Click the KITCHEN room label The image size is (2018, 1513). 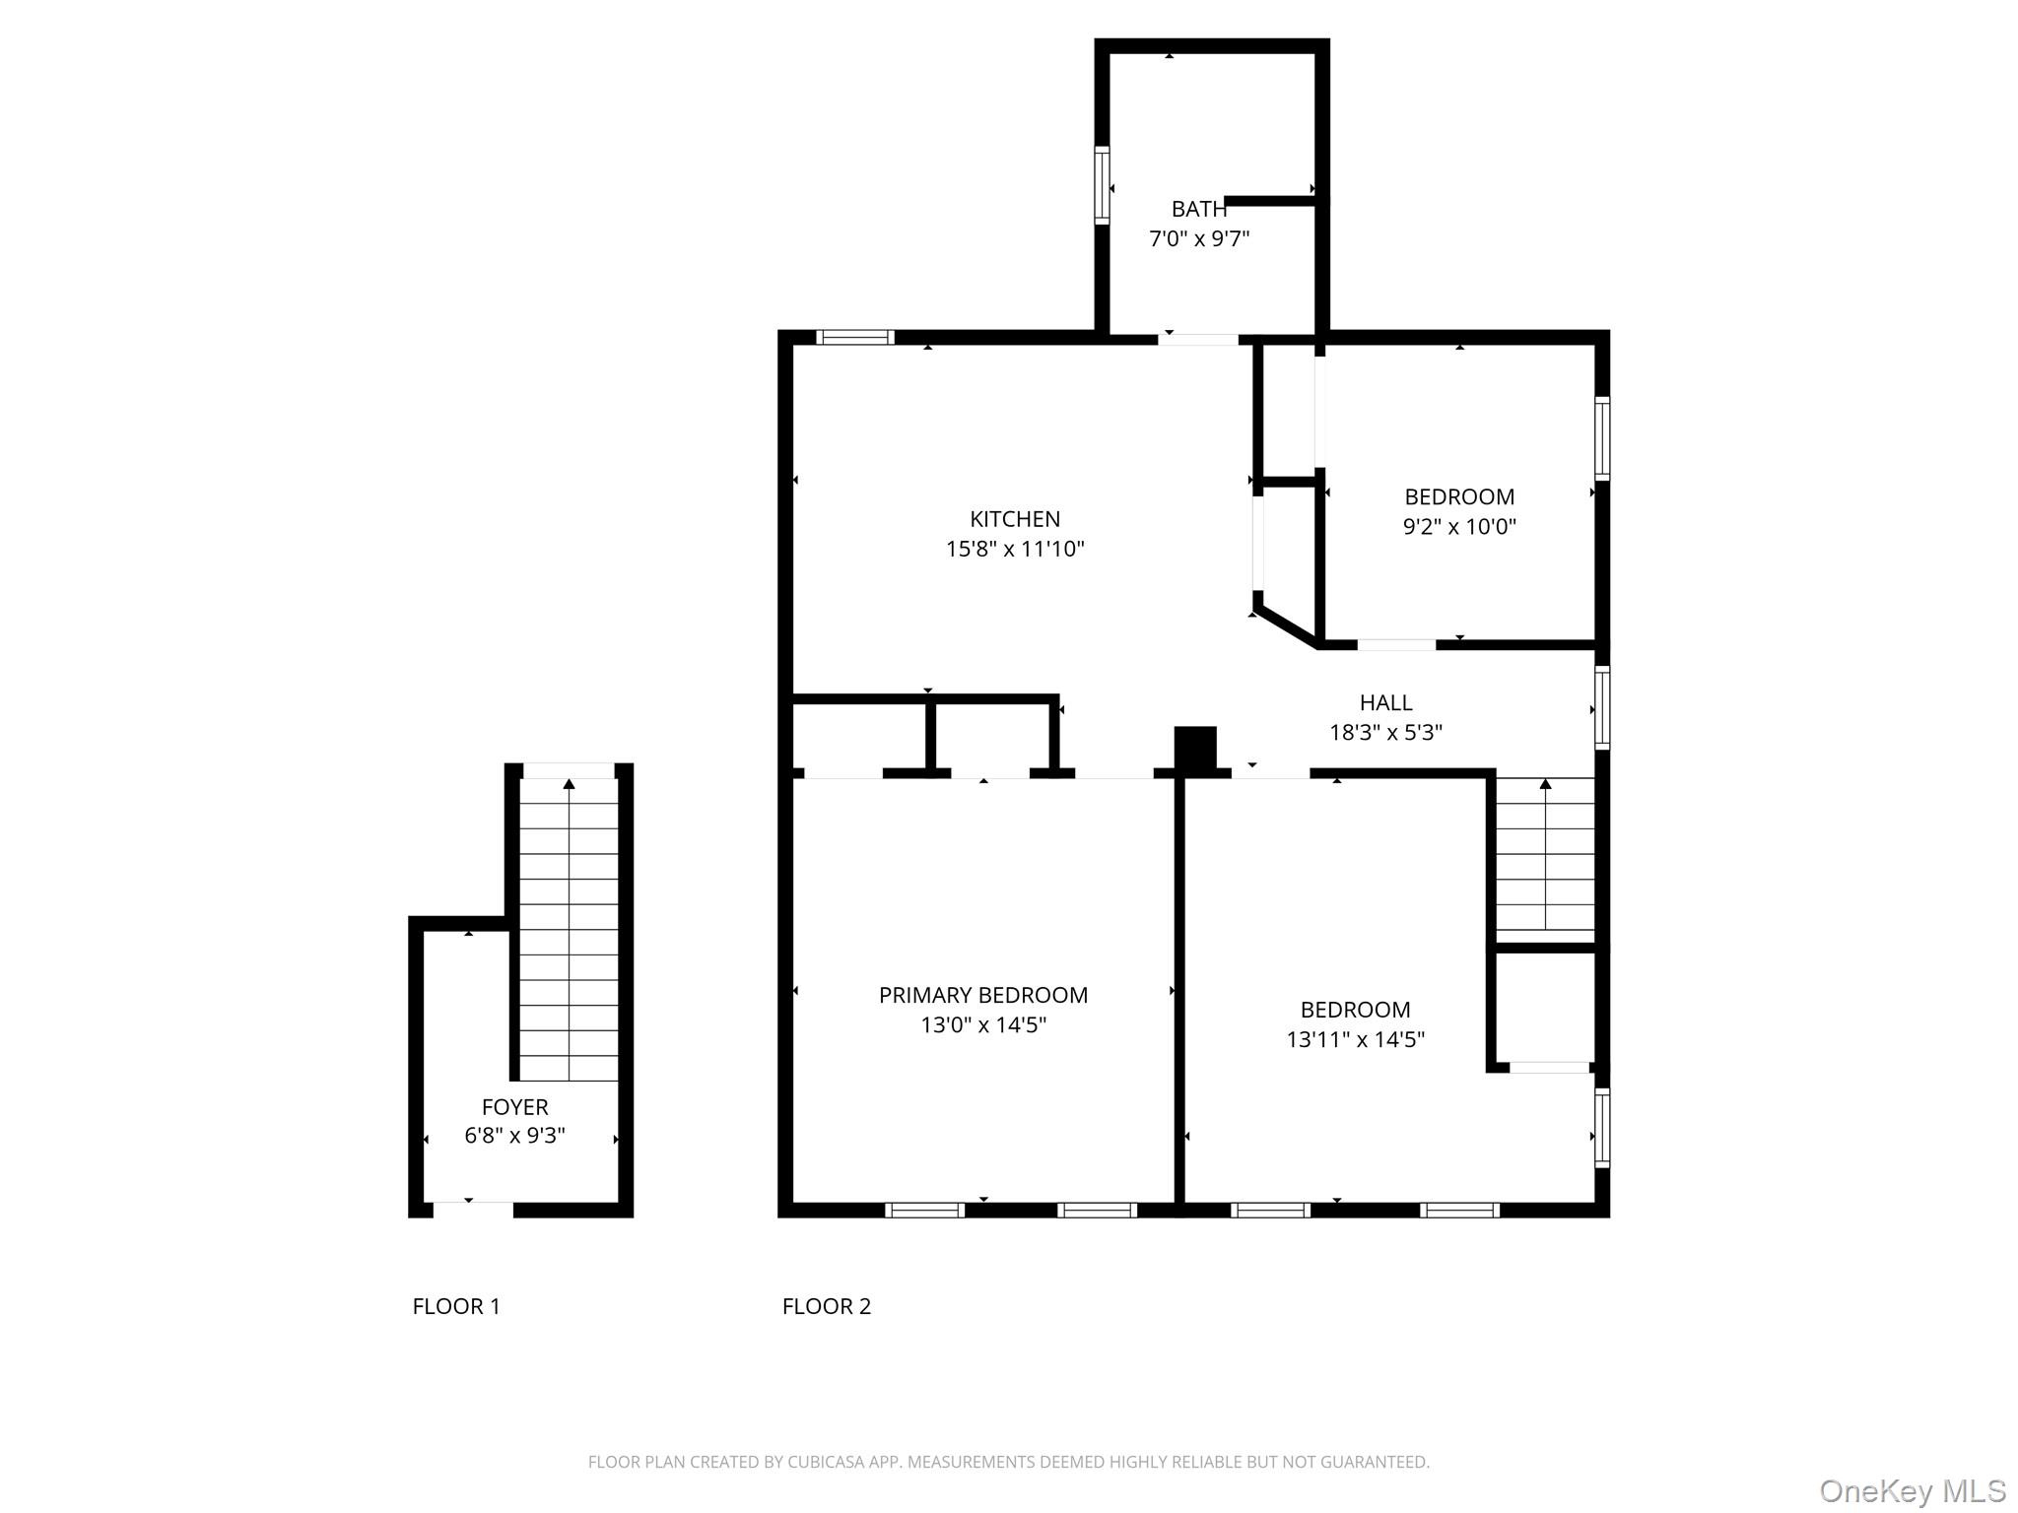coord(1014,519)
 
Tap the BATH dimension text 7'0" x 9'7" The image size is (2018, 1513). coord(1198,238)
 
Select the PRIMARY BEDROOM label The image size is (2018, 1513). coord(982,995)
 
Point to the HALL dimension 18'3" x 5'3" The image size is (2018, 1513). coord(1385,732)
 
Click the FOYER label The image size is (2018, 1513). coord(514,1106)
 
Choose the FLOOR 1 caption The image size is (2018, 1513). coord(456,1306)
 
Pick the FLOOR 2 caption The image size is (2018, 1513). coord(826,1306)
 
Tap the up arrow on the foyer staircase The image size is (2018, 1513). coord(569,784)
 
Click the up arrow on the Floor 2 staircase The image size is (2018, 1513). coord(1545,784)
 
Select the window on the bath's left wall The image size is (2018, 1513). coord(1102,185)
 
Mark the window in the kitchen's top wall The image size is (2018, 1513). coord(855,337)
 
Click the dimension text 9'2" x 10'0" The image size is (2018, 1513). coord(1458,526)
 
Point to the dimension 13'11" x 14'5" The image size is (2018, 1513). coord(1355,1039)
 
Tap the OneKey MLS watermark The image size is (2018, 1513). coord(1912,1490)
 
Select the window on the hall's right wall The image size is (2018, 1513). coord(1602,707)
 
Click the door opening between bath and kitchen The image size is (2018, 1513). coord(1197,340)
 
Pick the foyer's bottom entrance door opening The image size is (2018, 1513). coord(473,1209)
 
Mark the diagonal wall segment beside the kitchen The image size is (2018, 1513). coord(1285,627)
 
